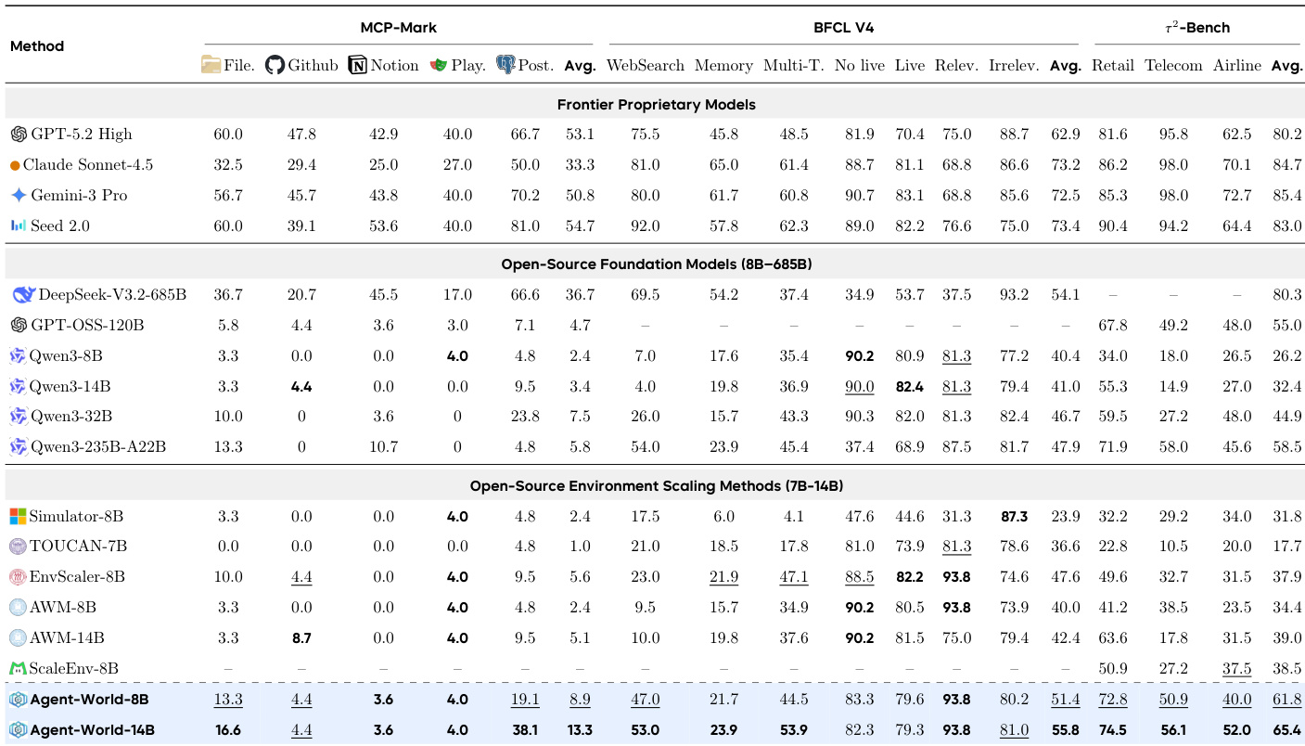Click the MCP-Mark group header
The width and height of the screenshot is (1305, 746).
point(398,28)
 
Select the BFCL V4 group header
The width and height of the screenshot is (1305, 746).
point(843,28)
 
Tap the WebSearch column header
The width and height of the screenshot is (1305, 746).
point(645,66)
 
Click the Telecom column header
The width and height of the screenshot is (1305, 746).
point(1173,66)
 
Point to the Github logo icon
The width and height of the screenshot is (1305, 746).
point(275,65)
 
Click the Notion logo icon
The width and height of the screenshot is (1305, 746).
point(358,65)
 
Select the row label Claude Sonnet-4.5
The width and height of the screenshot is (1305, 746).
point(87,165)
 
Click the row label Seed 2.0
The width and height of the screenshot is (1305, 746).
point(59,225)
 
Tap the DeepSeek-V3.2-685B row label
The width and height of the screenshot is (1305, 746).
point(111,295)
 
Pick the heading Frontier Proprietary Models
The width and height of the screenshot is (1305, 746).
point(656,105)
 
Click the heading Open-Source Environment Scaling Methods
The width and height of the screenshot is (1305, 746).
point(656,486)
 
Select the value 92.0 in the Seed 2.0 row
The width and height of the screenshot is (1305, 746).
point(645,225)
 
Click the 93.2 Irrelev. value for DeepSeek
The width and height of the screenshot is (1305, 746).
point(1013,295)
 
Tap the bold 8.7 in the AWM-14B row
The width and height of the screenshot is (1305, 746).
point(301,638)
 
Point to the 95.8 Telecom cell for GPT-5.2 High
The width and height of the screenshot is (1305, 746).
point(1172,135)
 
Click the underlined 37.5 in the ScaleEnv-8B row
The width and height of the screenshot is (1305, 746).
point(1237,669)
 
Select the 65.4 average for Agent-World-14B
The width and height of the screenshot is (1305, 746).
point(1286,730)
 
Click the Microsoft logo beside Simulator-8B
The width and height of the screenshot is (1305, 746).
point(18,517)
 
